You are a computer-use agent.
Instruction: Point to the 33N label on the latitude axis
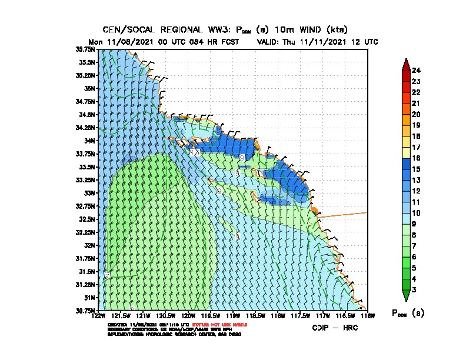pyautogui.click(x=90, y=193)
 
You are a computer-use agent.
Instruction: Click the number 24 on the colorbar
pyautogui.click(x=416, y=71)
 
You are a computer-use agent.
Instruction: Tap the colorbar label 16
pyautogui.click(x=416, y=158)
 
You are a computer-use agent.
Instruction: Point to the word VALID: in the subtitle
pyautogui.click(x=271, y=42)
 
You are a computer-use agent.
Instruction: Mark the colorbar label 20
pyautogui.click(x=416, y=114)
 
